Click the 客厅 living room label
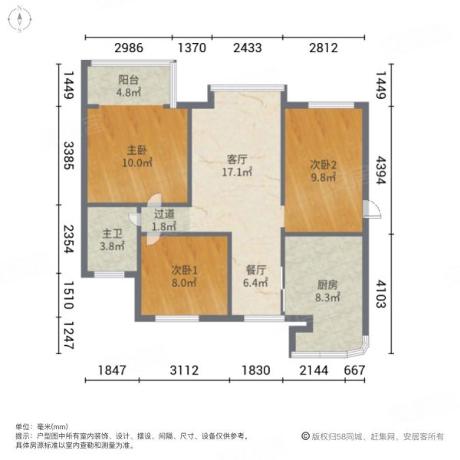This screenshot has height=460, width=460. click(237, 159)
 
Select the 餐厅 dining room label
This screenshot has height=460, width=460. click(255, 270)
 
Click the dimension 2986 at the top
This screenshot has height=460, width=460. click(130, 48)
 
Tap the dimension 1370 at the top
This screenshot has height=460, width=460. click(192, 48)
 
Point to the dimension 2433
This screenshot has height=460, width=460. click(248, 48)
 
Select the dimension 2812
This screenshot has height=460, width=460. click(324, 48)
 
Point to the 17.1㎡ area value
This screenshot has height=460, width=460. click(237, 173)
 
